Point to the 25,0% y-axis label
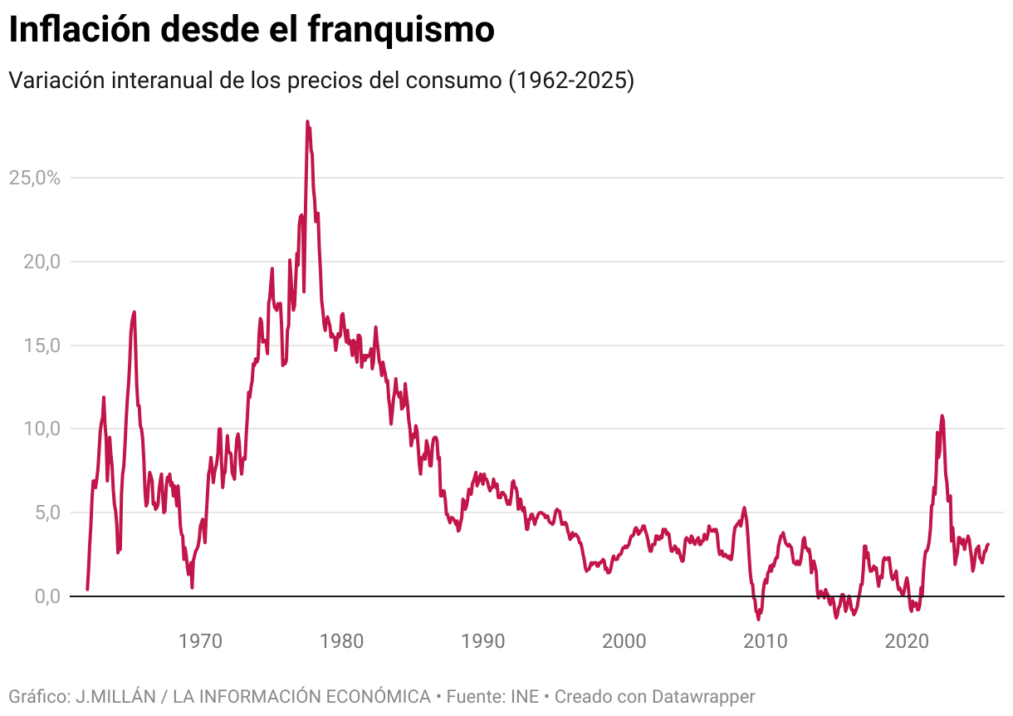(35, 178)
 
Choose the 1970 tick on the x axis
(200, 641)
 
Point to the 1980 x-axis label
(341, 641)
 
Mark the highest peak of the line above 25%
(307, 121)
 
